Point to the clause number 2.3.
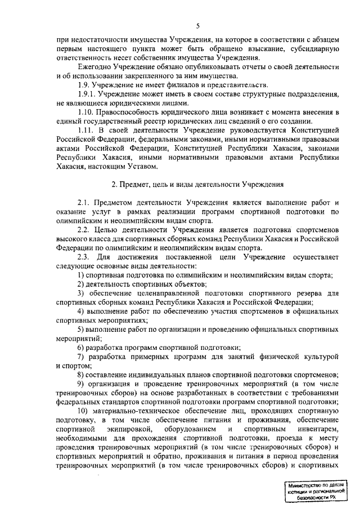(x=85, y=256)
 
